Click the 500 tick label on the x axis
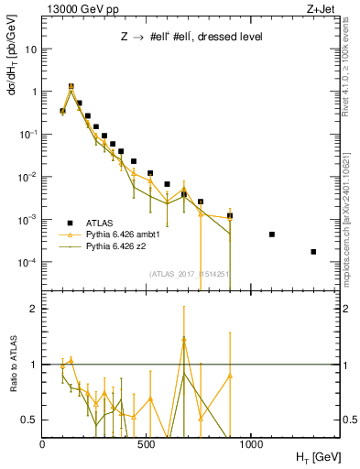(x=147, y=444)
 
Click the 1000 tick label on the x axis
(x=251, y=444)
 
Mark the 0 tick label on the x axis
(x=42, y=444)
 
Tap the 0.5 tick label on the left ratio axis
(x=29, y=420)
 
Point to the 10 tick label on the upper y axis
(x=30, y=49)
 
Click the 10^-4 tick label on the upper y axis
(x=27, y=263)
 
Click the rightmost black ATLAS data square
(x=313, y=252)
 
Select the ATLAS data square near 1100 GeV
(x=272, y=234)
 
